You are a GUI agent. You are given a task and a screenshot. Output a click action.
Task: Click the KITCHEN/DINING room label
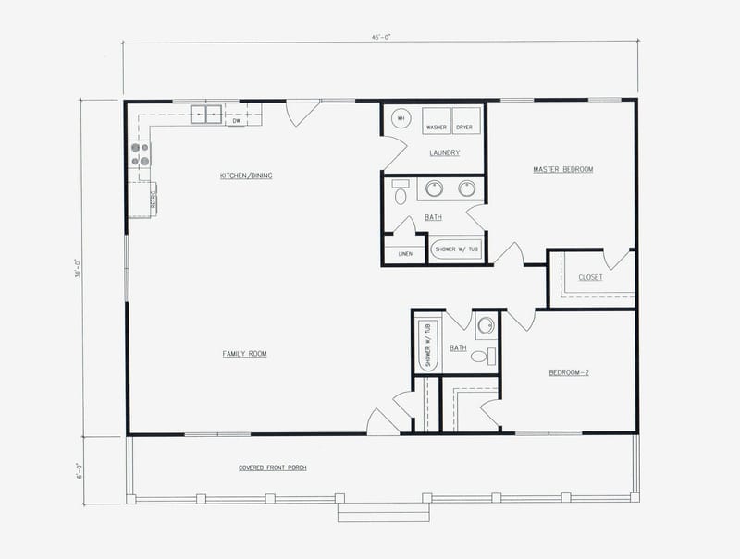tap(245, 176)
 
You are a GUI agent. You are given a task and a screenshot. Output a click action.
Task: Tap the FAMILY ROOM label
tap(245, 353)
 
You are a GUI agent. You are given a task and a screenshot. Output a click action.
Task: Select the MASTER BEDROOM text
tap(562, 169)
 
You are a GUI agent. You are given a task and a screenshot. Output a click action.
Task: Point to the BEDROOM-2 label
tap(570, 372)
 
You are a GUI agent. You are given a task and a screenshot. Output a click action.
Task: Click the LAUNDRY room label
tap(444, 152)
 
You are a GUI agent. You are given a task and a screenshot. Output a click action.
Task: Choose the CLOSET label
tap(590, 277)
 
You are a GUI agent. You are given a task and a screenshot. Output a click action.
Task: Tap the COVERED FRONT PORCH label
tap(273, 468)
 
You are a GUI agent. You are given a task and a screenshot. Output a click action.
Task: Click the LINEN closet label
tap(405, 253)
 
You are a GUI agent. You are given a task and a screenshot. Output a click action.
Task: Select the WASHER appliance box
tap(437, 121)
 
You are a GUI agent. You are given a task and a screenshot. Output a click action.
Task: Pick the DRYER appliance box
tap(464, 121)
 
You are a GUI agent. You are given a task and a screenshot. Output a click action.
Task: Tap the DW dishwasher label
tap(237, 120)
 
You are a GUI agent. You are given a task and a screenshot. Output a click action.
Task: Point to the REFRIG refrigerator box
tap(141, 199)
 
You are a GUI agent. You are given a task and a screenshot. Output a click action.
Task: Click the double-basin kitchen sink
tap(205, 115)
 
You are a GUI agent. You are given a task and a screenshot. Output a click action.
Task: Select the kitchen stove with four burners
tap(141, 153)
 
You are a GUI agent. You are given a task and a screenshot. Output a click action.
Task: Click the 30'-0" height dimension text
tap(80, 268)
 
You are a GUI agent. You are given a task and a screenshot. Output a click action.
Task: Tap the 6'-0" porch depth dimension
tap(80, 470)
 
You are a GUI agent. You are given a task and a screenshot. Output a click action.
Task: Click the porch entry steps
tap(370, 511)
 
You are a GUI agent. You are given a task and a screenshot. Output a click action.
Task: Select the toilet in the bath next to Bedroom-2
tap(480, 356)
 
